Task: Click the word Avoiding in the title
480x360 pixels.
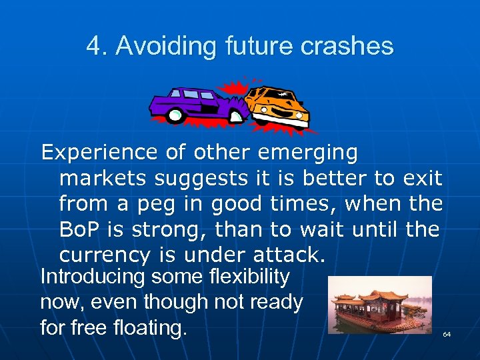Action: (160, 46)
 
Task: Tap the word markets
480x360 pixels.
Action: (105, 179)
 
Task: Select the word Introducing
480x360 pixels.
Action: (93, 277)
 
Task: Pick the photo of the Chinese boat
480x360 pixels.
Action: (380, 305)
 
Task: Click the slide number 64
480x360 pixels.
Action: (447, 333)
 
